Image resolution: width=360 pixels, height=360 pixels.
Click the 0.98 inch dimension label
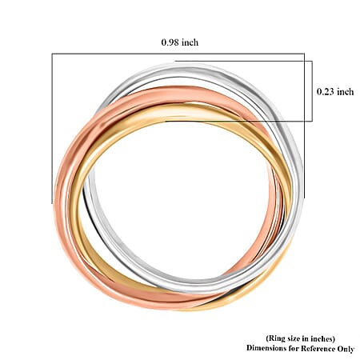[x=180, y=42]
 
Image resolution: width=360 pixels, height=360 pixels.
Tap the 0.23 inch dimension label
[x=335, y=92]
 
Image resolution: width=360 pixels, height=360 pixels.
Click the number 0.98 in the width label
[x=170, y=42]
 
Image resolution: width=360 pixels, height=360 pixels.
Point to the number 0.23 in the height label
[x=326, y=92]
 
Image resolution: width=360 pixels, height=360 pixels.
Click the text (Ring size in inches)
[x=300, y=338]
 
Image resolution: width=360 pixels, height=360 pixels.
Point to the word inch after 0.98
[x=190, y=42]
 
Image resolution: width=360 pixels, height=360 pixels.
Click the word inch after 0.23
[x=346, y=92]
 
